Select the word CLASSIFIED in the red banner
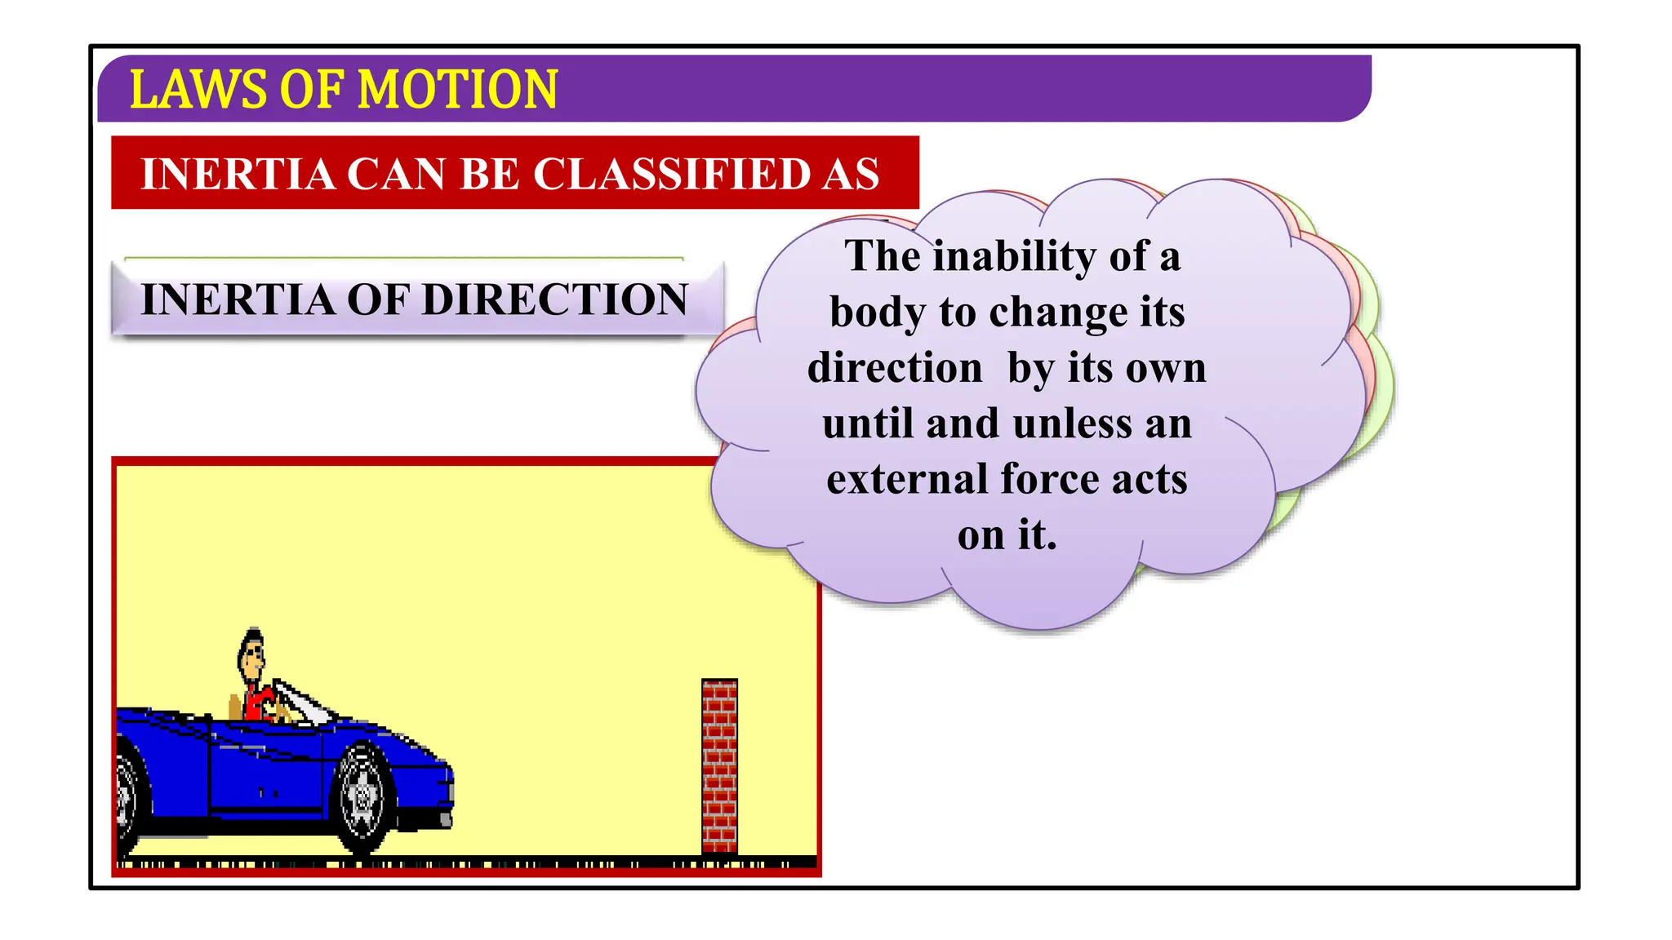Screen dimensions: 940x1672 coord(670,174)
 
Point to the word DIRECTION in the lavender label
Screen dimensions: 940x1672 coord(555,299)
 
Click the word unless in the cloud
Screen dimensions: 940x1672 coord(1073,423)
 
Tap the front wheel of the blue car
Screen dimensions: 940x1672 coord(362,796)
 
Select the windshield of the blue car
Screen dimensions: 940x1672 coord(302,702)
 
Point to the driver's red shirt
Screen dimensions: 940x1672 coord(260,703)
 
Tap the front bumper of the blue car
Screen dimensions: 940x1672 coord(446,796)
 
